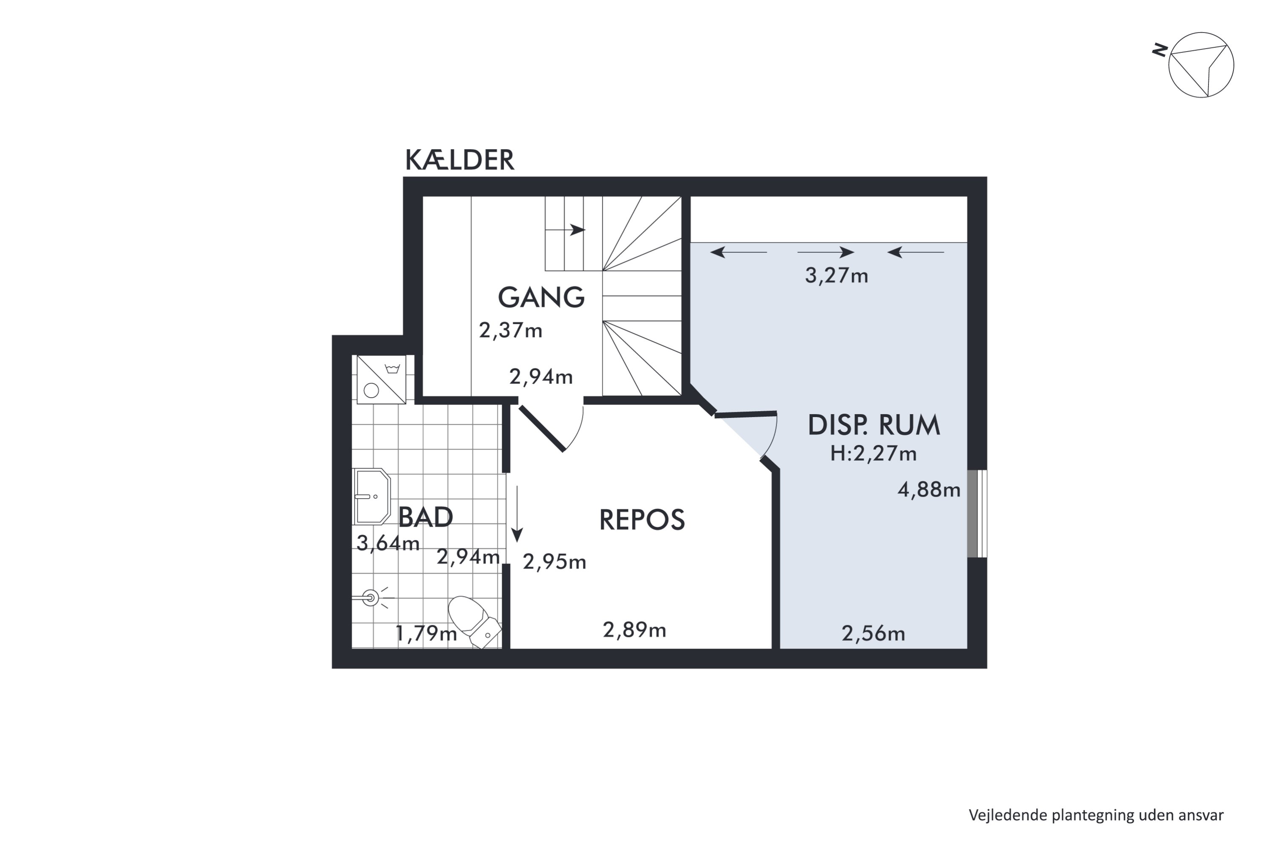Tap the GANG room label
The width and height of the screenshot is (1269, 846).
pos(541,297)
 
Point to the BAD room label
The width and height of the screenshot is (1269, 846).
pos(425,517)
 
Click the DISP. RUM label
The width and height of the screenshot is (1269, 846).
pos(873,425)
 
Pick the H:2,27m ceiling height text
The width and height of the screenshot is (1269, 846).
pos(873,453)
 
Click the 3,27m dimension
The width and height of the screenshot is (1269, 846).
pos(836,276)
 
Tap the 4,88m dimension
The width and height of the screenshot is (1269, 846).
pos(929,489)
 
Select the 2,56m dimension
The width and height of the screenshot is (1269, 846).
pos(873,633)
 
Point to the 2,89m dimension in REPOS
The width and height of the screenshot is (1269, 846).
pos(634,630)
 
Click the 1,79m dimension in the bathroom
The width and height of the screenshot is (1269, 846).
pos(426,633)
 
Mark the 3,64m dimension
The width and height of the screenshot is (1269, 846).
pos(388,543)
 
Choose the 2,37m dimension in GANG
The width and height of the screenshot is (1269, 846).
pos(511,330)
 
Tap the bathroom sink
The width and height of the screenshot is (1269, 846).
pos(372,496)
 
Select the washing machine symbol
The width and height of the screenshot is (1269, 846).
pos(382,379)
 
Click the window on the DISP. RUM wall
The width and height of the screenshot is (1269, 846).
pos(977,514)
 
